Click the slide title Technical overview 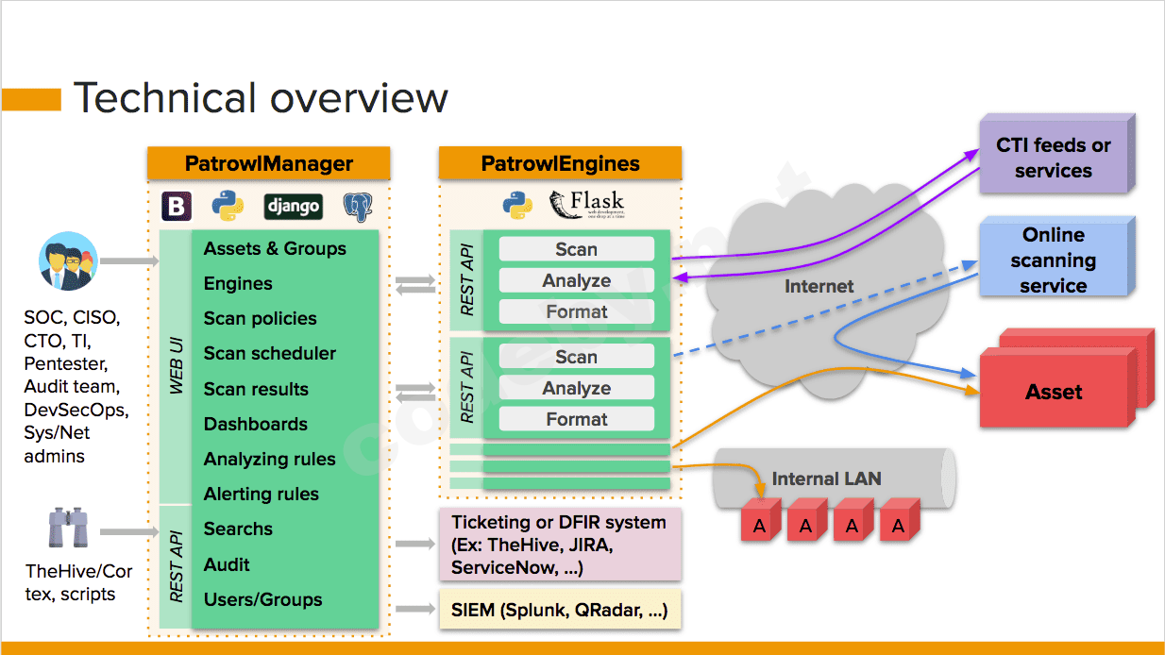click(261, 98)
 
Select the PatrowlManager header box click(268, 163)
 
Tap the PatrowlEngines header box click(560, 163)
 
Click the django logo click(293, 206)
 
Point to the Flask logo click(586, 204)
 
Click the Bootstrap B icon click(177, 206)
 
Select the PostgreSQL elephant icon click(358, 206)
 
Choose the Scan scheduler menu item click(270, 354)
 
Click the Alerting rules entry click(262, 494)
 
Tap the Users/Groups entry click(262, 599)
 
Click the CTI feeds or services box click(1053, 158)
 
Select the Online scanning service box click(1053, 260)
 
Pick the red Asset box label click(1054, 392)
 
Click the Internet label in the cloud click(819, 285)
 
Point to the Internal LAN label click(826, 479)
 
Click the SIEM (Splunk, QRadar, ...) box click(560, 611)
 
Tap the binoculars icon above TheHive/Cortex click(68, 529)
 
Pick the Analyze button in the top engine click(576, 280)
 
